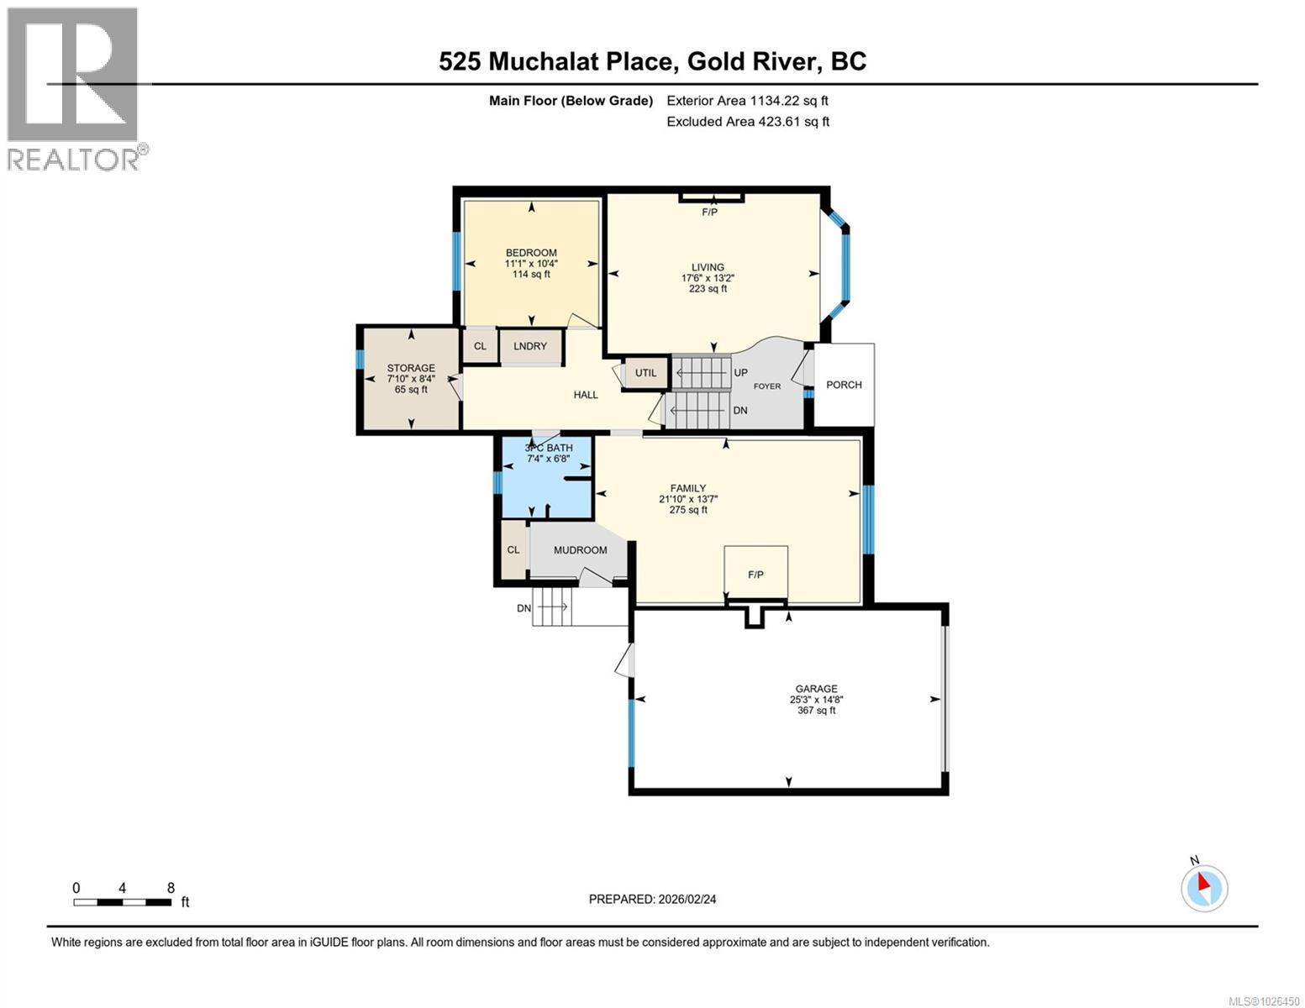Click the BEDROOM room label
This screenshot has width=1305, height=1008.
(x=531, y=253)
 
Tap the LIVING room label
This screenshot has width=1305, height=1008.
(x=708, y=267)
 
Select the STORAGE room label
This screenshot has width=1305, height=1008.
(x=411, y=368)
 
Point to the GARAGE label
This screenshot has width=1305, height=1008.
(x=816, y=689)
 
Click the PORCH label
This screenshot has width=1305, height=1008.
(x=844, y=385)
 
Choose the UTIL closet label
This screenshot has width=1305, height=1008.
(x=645, y=373)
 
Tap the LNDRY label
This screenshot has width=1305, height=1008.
(x=530, y=346)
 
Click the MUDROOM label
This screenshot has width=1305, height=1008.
(x=580, y=550)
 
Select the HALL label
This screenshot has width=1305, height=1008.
(x=586, y=395)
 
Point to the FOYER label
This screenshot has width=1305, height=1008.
(x=766, y=386)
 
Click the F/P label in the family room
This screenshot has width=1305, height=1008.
(x=755, y=575)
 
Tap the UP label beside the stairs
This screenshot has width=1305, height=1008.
(x=740, y=372)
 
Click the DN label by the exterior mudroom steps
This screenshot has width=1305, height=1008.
(x=524, y=608)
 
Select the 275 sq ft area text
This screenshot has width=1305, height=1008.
(x=688, y=510)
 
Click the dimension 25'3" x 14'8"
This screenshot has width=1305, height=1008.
(x=816, y=700)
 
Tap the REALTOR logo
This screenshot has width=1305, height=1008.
(x=74, y=88)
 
